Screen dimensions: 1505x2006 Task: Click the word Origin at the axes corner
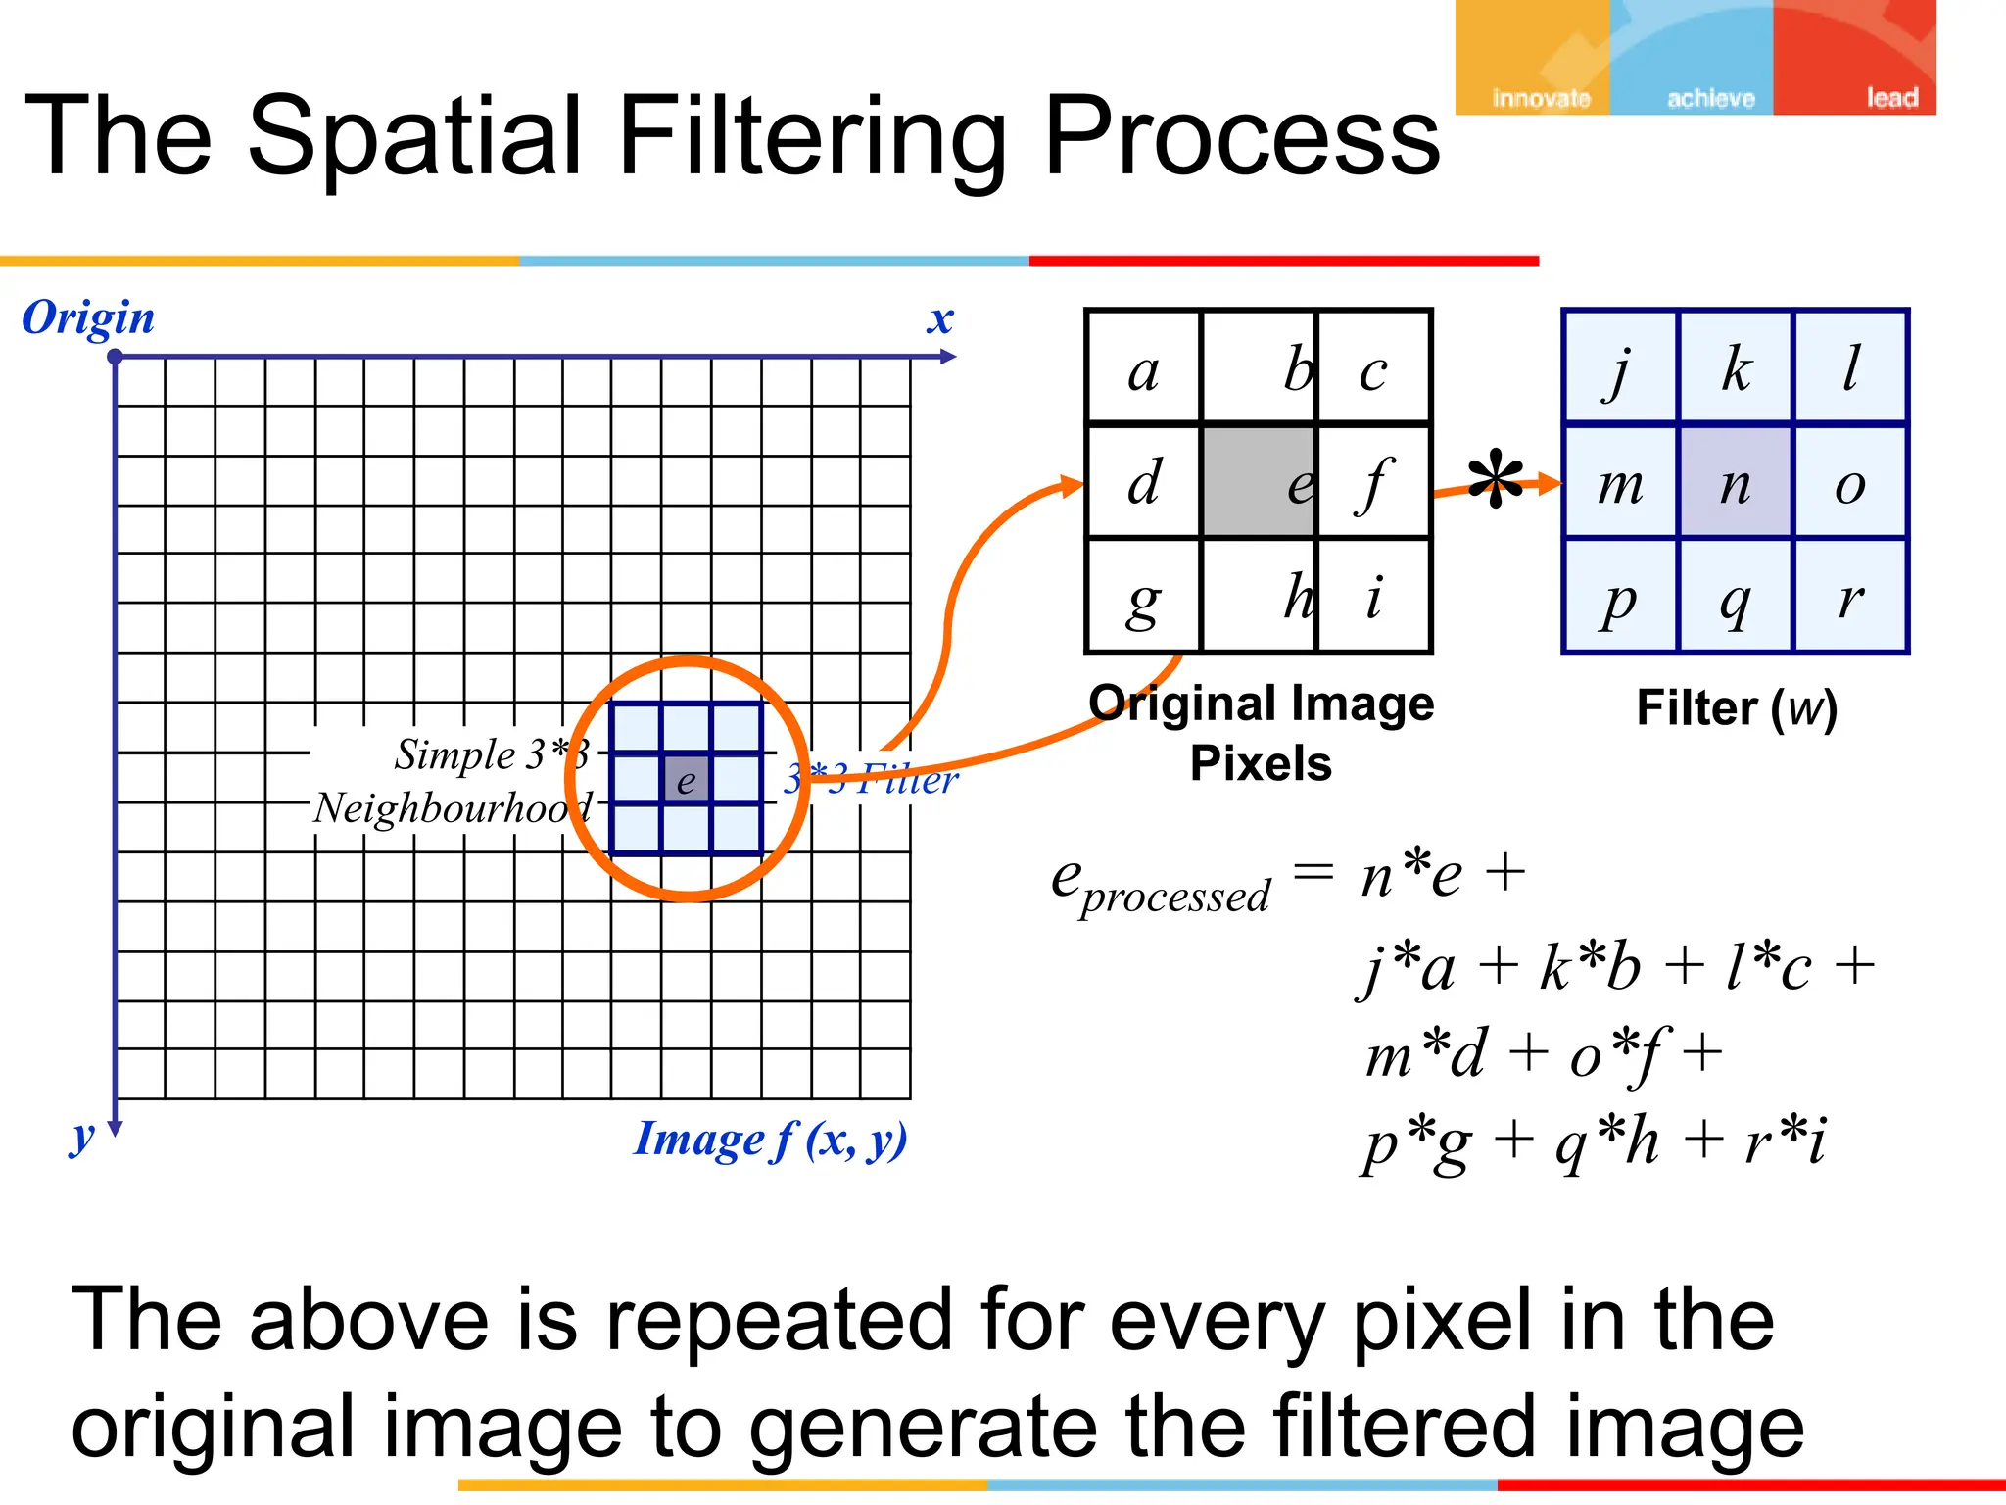point(88,318)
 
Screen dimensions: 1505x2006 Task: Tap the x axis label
point(940,319)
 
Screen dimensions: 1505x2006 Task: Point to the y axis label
point(82,1137)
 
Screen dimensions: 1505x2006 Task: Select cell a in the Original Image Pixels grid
point(1143,369)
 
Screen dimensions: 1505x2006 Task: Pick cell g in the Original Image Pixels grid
point(1143,597)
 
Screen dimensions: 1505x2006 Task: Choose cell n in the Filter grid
point(1736,482)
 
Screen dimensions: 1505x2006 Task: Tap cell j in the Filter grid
point(1621,369)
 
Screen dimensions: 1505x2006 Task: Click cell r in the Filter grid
point(1850,597)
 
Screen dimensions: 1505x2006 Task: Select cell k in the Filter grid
point(1736,369)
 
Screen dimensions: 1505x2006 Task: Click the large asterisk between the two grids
point(1496,480)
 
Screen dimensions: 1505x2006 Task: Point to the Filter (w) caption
point(1736,707)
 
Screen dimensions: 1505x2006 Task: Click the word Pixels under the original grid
point(1261,763)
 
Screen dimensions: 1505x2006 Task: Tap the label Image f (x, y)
point(770,1140)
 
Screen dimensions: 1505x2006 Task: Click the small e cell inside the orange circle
point(686,780)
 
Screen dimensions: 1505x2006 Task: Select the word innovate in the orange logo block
point(1541,98)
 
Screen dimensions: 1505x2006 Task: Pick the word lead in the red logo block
point(1891,98)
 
